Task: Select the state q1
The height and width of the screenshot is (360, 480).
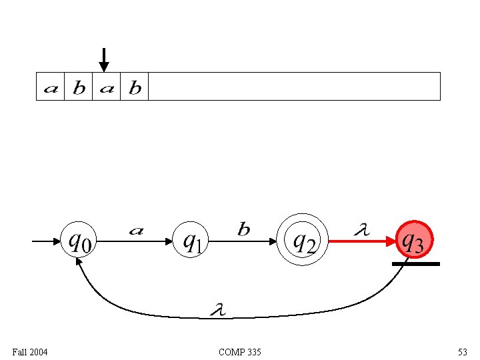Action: (192, 241)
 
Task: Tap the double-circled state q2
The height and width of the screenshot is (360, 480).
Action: (304, 241)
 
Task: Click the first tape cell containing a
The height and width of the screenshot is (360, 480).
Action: (50, 87)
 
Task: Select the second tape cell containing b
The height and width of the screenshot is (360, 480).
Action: (78, 87)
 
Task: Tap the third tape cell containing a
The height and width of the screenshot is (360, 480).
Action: (106, 87)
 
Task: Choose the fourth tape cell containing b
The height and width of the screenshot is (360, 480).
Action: (134, 87)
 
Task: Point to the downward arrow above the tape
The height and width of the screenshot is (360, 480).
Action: (103, 59)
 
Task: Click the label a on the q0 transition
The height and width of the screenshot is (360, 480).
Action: (136, 231)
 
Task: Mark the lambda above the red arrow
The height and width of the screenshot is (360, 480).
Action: (360, 230)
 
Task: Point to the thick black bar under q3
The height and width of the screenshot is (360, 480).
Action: (416, 264)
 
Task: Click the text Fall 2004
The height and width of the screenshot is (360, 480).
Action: (30, 351)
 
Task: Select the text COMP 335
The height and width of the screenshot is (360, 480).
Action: (239, 351)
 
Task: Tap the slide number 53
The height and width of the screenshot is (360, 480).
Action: (462, 351)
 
